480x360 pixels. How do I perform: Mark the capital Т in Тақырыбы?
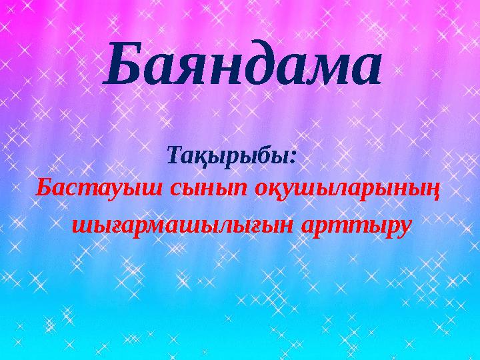(x=177, y=155)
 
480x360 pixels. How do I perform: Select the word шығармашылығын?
(x=181, y=225)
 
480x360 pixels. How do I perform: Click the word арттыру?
(x=355, y=227)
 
